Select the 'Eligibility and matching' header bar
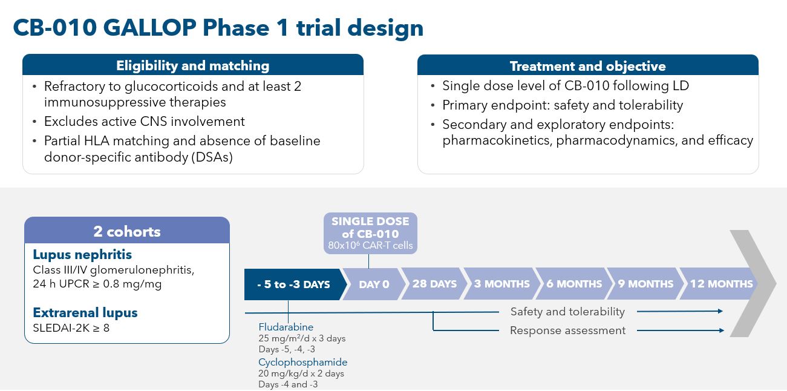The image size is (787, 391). (x=193, y=65)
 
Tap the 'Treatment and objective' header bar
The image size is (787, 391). (x=587, y=66)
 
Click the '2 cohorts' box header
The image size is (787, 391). (x=127, y=231)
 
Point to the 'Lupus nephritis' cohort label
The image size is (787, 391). (x=82, y=255)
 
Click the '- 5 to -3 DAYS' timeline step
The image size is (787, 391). (x=293, y=284)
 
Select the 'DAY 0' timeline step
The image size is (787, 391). (x=374, y=284)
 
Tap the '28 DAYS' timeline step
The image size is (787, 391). (x=434, y=284)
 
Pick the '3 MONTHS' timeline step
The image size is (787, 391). (x=501, y=284)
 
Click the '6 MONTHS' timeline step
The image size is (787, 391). (x=574, y=284)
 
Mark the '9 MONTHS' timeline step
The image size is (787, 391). (x=645, y=284)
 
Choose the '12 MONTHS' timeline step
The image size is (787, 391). (x=721, y=284)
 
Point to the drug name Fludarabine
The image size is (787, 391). (x=286, y=327)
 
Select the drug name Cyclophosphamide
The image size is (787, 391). (x=302, y=362)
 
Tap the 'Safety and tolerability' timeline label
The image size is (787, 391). (x=567, y=312)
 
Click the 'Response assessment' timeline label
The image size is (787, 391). (x=567, y=330)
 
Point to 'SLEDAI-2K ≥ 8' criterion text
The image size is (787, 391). (x=71, y=329)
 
